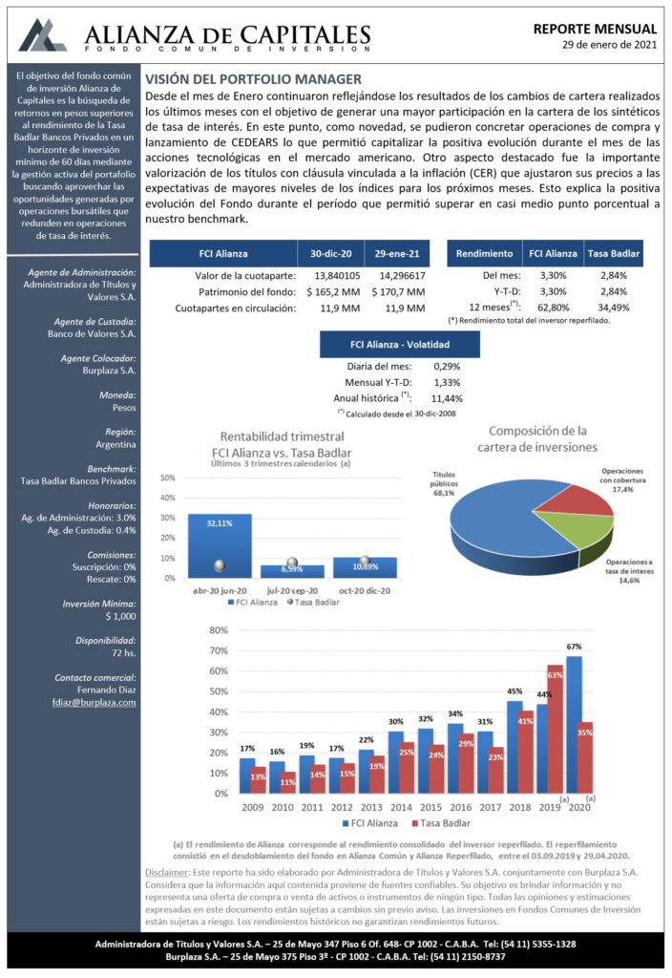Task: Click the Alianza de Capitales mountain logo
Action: click(x=42, y=35)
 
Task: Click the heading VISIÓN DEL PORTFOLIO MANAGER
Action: click(x=253, y=79)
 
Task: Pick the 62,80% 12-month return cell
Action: click(x=553, y=308)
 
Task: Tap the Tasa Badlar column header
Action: click(x=614, y=254)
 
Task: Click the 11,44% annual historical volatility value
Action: click(x=447, y=398)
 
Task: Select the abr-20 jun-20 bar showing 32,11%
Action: click(x=220, y=545)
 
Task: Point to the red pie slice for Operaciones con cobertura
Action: click(x=574, y=499)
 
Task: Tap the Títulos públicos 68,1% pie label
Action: click(x=444, y=483)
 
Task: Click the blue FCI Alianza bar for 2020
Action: click(x=574, y=725)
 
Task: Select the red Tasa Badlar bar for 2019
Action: click(x=555, y=729)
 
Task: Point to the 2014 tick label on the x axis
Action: click(x=401, y=807)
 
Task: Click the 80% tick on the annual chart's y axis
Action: click(x=219, y=630)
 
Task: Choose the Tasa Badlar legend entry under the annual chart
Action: click(x=441, y=823)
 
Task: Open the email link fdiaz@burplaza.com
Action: click(x=94, y=702)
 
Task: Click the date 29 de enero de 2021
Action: click(x=609, y=44)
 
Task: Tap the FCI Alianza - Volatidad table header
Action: click(x=400, y=344)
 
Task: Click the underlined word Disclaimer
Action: click(x=166, y=872)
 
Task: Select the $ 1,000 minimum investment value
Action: click(x=120, y=616)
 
